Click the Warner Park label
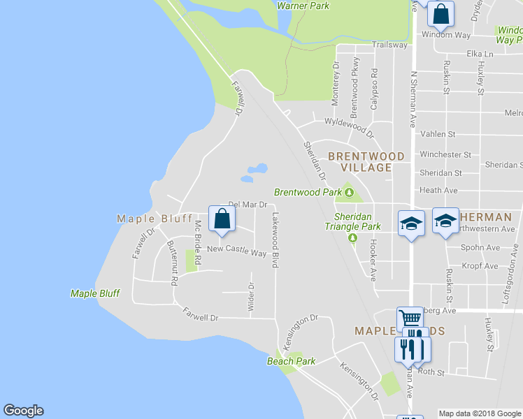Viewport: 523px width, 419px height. coord(303,6)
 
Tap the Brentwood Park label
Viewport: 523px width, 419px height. coord(308,192)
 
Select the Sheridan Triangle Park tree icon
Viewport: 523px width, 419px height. coord(353,238)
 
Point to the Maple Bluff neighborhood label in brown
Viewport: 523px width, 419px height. coord(155,219)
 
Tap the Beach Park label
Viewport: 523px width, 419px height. coord(291,361)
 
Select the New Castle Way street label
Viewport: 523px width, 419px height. coord(236,249)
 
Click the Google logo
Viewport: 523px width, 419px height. coord(23,411)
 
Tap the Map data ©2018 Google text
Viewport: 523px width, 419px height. coord(480,413)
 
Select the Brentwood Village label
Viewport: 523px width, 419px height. coord(366,162)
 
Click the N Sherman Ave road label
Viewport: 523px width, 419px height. coord(413,98)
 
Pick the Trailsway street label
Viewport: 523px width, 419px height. coord(389,45)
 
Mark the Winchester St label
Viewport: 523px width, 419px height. coord(445,154)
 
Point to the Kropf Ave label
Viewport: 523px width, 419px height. coord(480,266)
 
